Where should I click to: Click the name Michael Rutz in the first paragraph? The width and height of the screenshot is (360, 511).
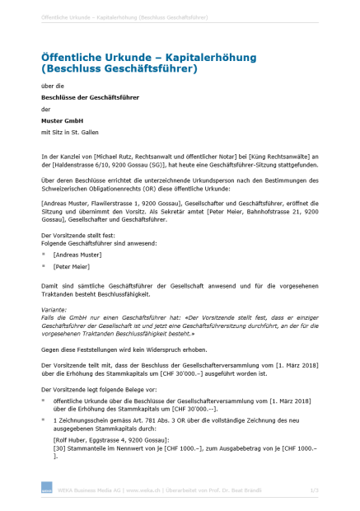118,155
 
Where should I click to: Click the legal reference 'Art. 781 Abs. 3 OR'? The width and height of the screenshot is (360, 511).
170,420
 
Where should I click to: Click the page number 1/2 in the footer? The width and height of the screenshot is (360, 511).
314,490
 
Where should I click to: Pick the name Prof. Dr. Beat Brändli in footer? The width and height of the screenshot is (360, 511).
244,490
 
